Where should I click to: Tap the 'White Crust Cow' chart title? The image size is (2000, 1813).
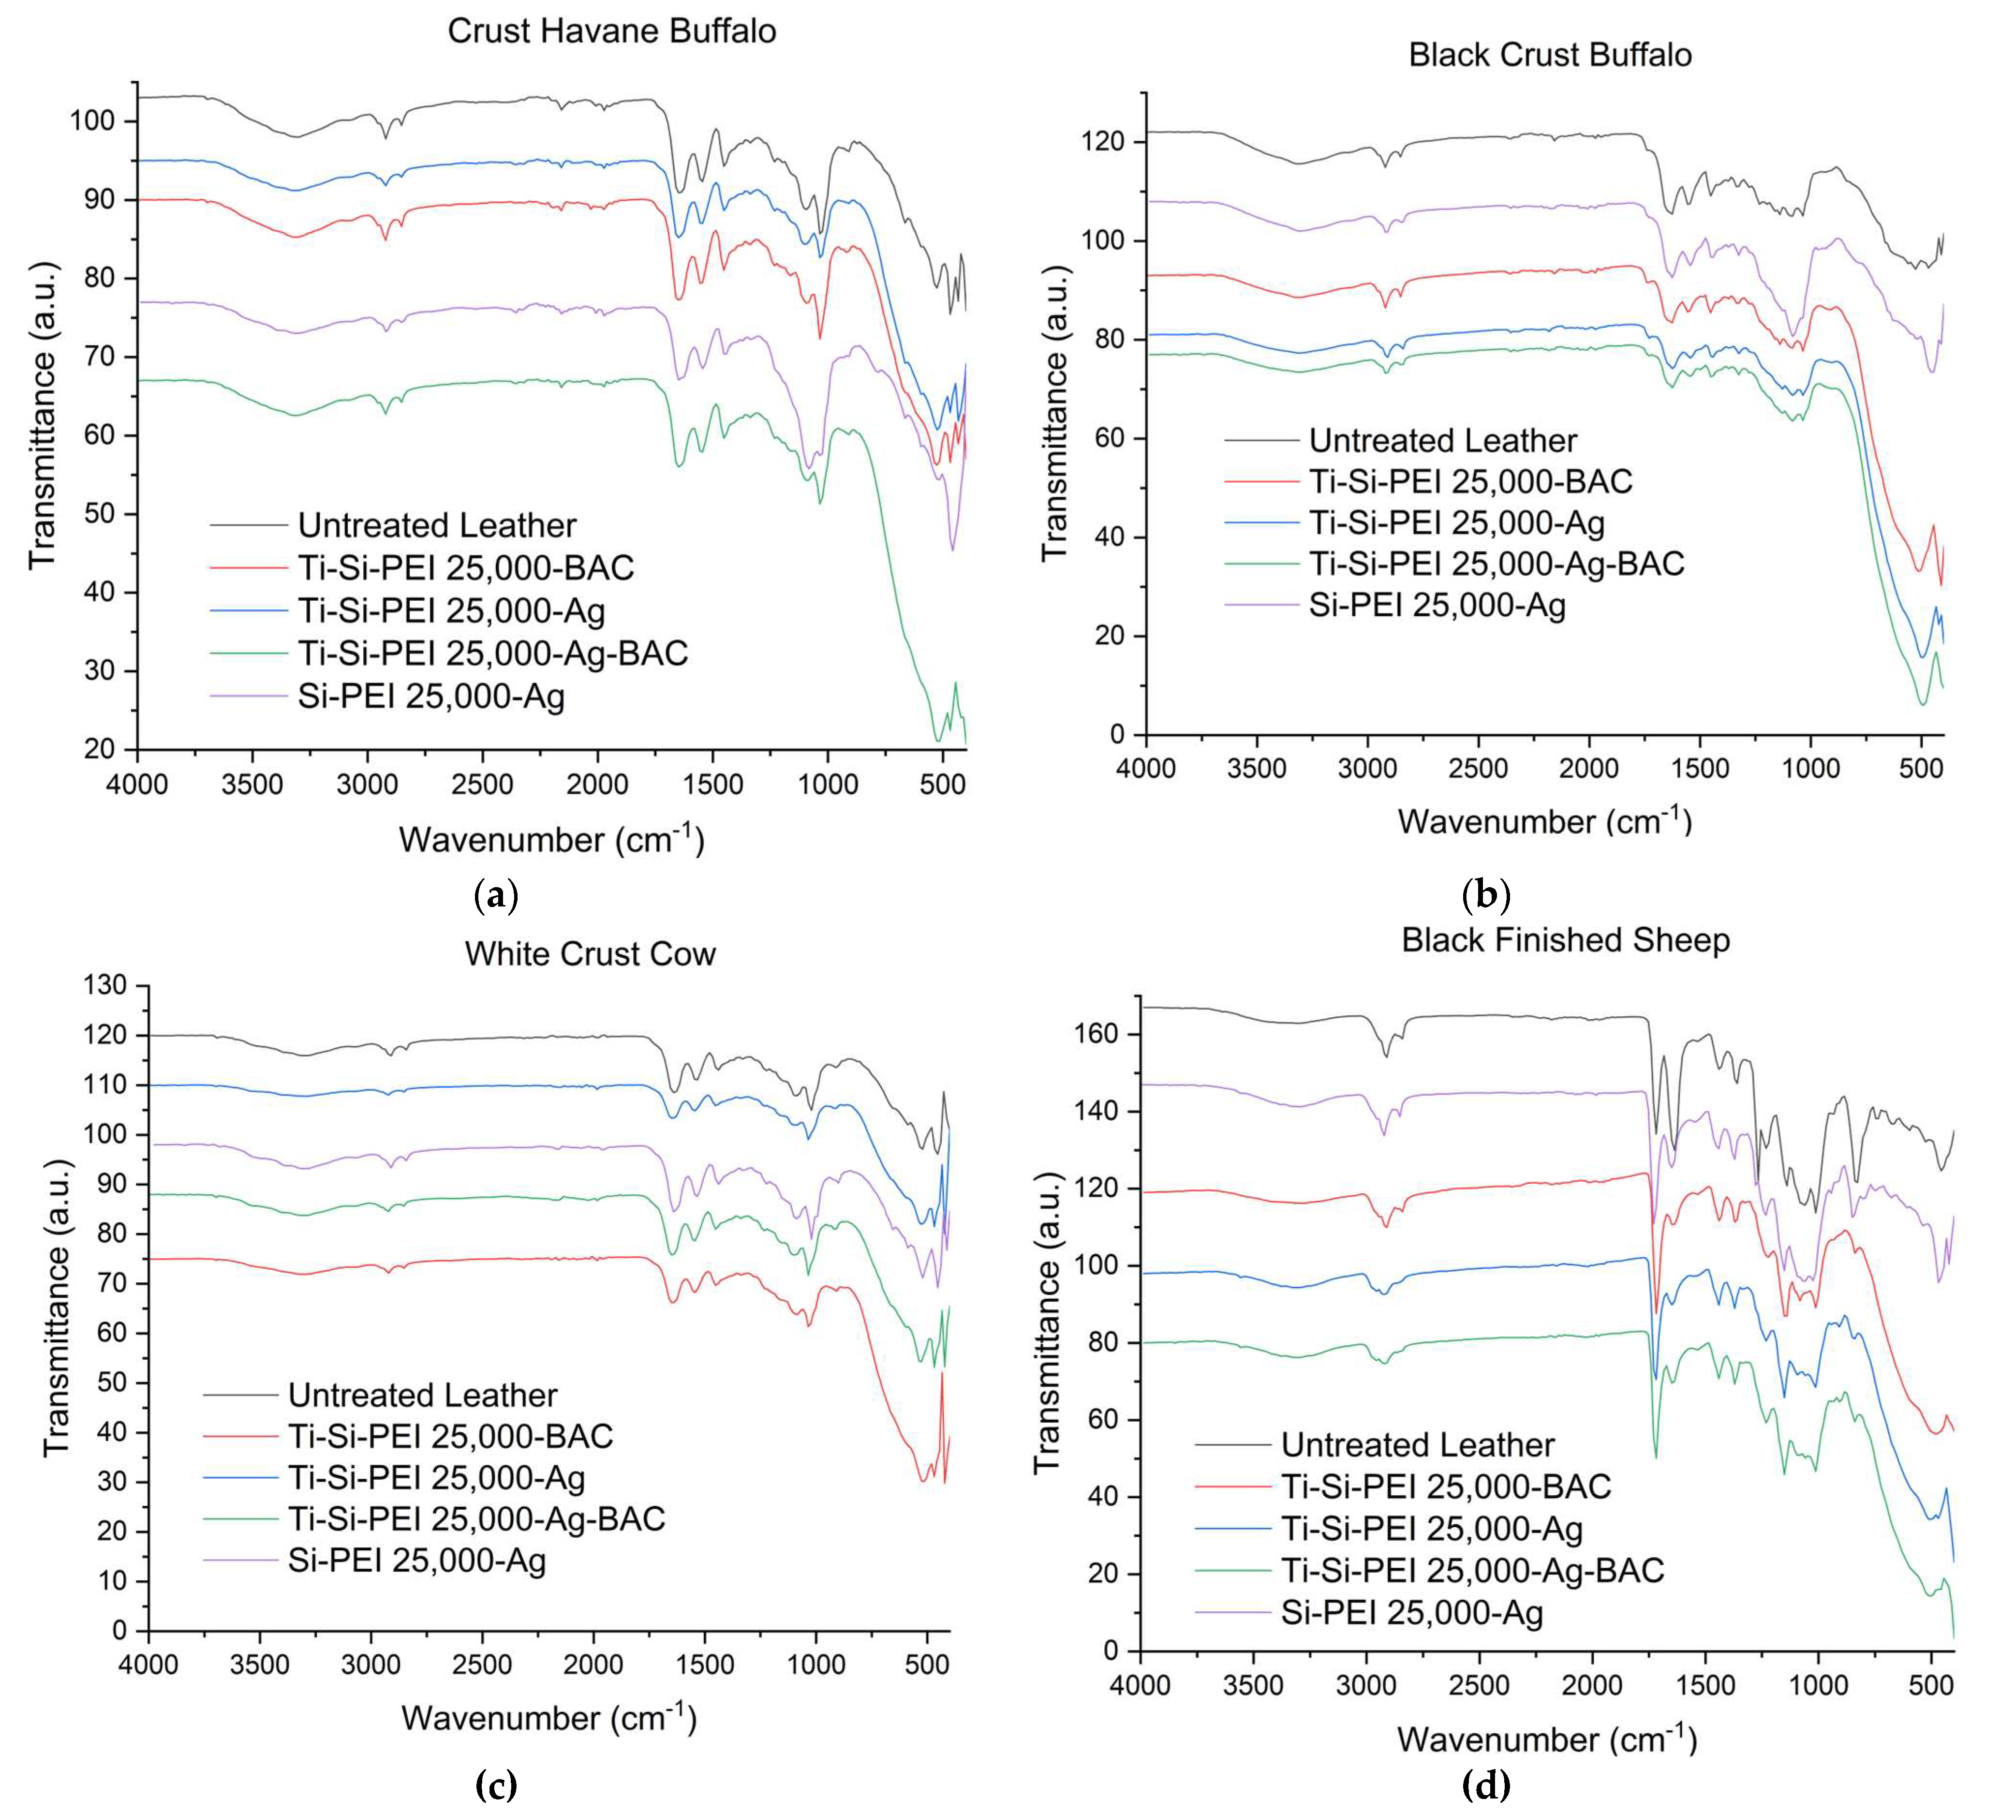pos(590,953)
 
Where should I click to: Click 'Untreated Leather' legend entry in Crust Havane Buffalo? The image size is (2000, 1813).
pos(436,525)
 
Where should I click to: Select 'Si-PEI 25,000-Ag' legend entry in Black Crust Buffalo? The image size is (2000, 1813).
pos(1437,604)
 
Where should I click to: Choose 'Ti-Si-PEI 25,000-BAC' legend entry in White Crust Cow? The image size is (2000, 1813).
pos(450,1436)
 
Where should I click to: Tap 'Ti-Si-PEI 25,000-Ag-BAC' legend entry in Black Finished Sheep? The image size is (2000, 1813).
pos(1472,1570)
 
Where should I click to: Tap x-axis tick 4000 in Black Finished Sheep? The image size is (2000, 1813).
pos(1141,1685)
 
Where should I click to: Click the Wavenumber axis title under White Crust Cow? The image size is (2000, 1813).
pos(548,1718)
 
